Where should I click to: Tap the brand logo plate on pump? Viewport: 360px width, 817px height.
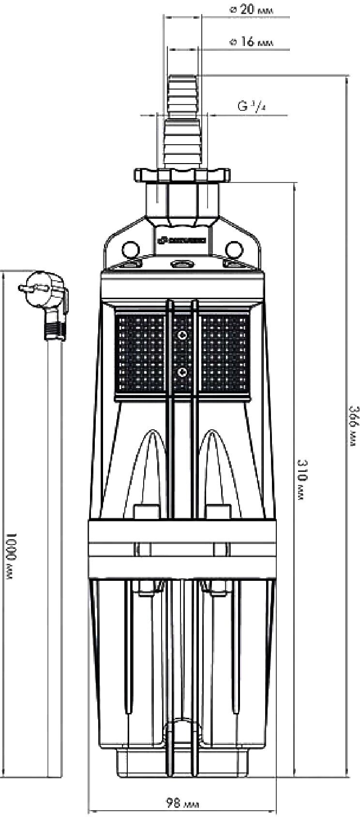point(183,240)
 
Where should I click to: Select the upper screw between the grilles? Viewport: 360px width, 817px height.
point(183,336)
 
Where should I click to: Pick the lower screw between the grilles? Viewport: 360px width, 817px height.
point(183,371)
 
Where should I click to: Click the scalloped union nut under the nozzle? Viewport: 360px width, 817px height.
point(183,175)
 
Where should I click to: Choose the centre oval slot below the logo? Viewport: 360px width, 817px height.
point(183,264)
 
